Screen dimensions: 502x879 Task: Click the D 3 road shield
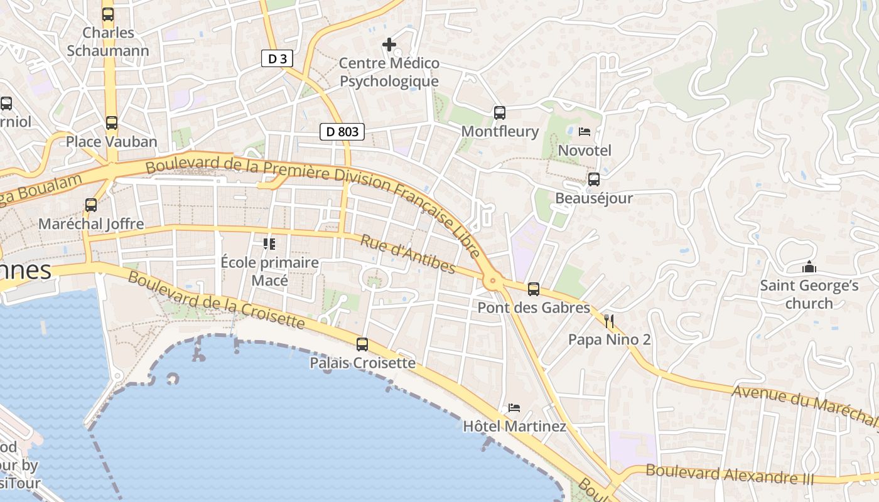(x=277, y=59)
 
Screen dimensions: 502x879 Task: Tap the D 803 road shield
(x=343, y=132)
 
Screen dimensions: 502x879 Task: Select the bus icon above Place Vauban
(x=111, y=123)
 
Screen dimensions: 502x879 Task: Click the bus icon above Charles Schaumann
(x=108, y=14)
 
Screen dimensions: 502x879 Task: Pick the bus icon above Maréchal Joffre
(x=91, y=205)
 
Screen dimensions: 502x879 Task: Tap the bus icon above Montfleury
(x=500, y=113)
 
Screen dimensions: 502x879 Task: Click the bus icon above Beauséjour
(x=593, y=180)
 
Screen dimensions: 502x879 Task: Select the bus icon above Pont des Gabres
(x=534, y=289)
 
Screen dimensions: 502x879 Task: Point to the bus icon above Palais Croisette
(x=362, y=344)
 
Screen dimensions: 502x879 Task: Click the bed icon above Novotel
(x=585, y=132)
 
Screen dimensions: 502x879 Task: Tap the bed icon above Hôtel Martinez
(x=514, y=408)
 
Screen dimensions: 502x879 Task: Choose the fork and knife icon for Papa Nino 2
(x=608, y=321)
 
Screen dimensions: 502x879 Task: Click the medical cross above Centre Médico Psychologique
(x=389, y=45)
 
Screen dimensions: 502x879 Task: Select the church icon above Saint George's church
(x=809, y=267)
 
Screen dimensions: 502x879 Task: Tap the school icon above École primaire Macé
(x=269, y=243)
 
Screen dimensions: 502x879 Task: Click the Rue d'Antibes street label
(x=408, y=254)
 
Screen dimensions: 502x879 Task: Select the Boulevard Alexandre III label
(x=730, y=474)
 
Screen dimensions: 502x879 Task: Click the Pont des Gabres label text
(x=534, y=308)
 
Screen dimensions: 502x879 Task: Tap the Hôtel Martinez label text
(x=514, y=427)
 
